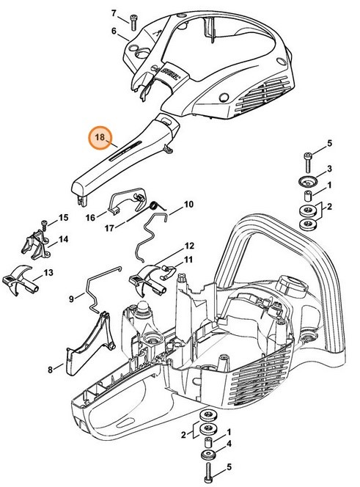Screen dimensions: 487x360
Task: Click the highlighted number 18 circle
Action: point(100,137)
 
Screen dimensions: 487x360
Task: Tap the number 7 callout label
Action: point(114,13)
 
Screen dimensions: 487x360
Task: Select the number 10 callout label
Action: point(188,204)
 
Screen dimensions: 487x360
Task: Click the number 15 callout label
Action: point(63,218)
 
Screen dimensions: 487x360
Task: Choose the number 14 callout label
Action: point(64,239)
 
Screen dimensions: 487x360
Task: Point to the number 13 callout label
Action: point(48,272)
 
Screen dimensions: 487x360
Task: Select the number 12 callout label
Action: point(189,246)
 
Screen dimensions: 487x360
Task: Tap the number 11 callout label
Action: point(188,260)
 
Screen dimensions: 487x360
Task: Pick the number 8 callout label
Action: point(50,370)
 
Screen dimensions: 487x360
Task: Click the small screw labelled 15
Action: point(44,223)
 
